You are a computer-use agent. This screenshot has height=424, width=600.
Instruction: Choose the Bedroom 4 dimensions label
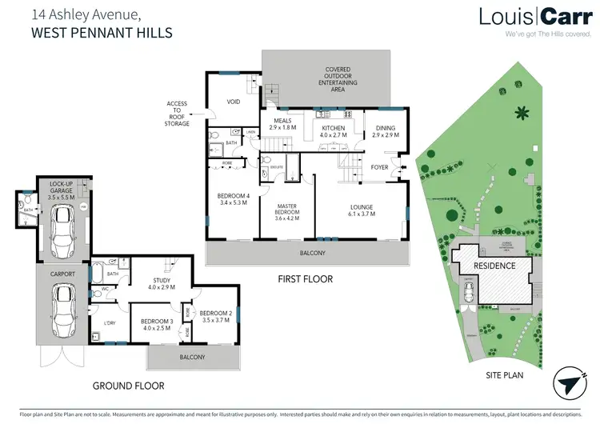point(233,200)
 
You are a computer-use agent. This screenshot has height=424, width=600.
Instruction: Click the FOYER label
point(379,167)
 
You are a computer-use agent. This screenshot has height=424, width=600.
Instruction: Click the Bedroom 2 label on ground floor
point(214,315)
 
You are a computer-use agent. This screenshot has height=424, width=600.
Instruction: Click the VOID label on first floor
point(234,101)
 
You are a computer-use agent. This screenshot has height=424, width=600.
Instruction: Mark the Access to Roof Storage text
point(177,114)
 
